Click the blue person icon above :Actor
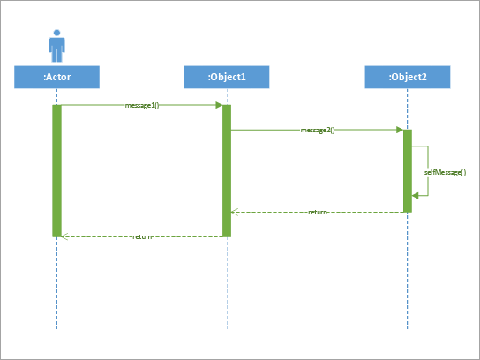56,45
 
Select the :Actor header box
56,78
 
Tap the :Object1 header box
227,78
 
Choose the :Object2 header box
408,78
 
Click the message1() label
141,105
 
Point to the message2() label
317,130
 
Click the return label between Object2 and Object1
318,212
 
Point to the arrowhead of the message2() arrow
400,130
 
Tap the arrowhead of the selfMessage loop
416,196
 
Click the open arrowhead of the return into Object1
235,212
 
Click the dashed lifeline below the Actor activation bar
56,282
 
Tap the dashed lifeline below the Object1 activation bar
227,282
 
